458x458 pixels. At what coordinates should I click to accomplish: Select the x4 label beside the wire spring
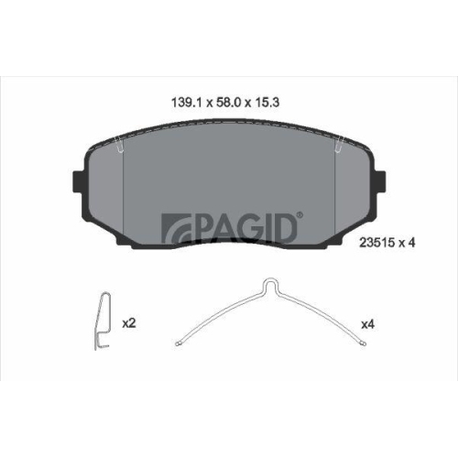[x=368, y=323]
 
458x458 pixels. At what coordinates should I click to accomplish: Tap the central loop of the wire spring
[x=271, y=286]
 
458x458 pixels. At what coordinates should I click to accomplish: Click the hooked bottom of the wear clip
[x=104, y=346]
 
